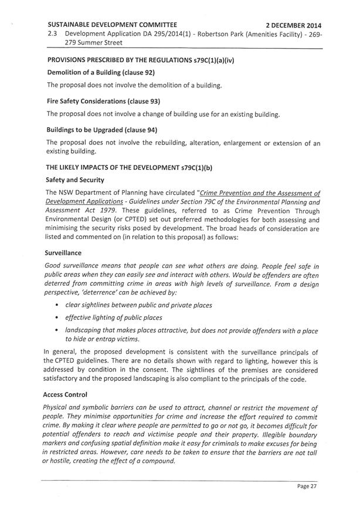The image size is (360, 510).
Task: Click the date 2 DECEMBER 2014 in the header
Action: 293,26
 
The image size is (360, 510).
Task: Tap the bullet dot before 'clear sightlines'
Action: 56,305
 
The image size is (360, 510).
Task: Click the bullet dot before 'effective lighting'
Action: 56,318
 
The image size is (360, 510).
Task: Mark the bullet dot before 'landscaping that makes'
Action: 56,331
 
